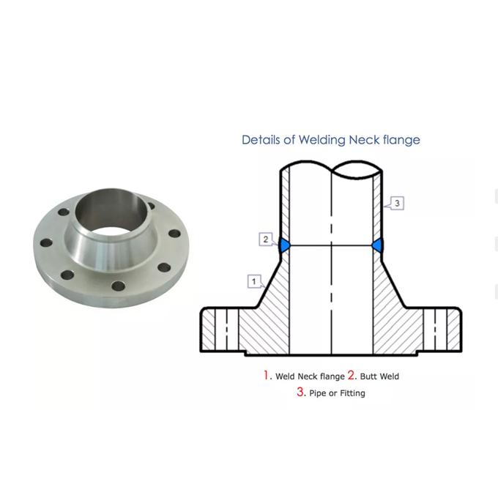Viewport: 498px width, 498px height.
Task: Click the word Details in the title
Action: (x=259, y=139)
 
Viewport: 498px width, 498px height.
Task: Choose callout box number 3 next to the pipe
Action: (x=396, y=203)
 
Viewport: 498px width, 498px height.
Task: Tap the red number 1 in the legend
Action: (x=267, y=375)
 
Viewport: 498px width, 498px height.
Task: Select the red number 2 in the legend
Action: (x=352, y=375)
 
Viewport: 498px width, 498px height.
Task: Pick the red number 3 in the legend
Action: (x=300, y=392)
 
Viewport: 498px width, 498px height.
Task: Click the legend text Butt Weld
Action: (x=379, y=376)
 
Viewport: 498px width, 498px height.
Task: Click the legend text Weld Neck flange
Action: (x=310, y=376)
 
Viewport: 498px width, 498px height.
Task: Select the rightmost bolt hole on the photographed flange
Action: (x=174, y=234)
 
